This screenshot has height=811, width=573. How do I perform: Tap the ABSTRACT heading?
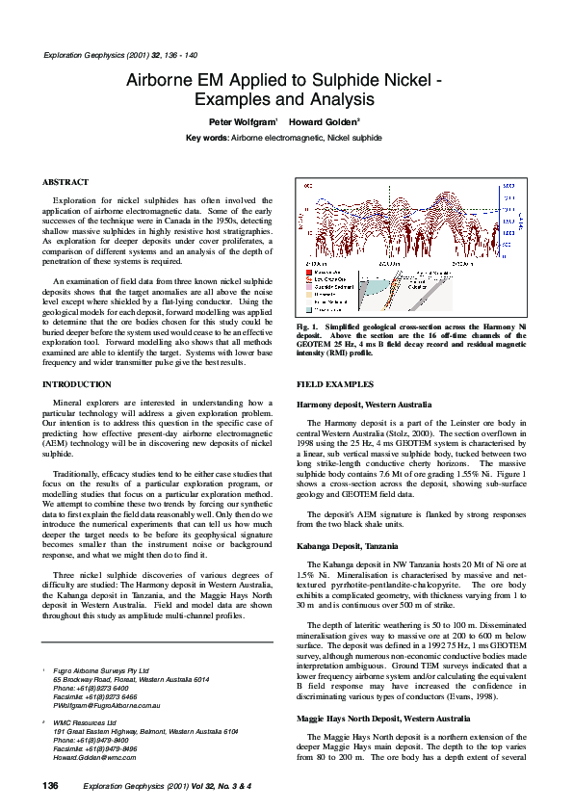(65, 182)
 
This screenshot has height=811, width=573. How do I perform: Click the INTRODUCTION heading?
(77, 384)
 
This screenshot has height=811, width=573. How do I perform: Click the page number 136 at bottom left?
(51, 786)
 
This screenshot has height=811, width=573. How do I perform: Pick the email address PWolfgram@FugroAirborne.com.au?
(106, 705)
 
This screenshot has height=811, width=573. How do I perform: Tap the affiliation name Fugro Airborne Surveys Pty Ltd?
(101, 669)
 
